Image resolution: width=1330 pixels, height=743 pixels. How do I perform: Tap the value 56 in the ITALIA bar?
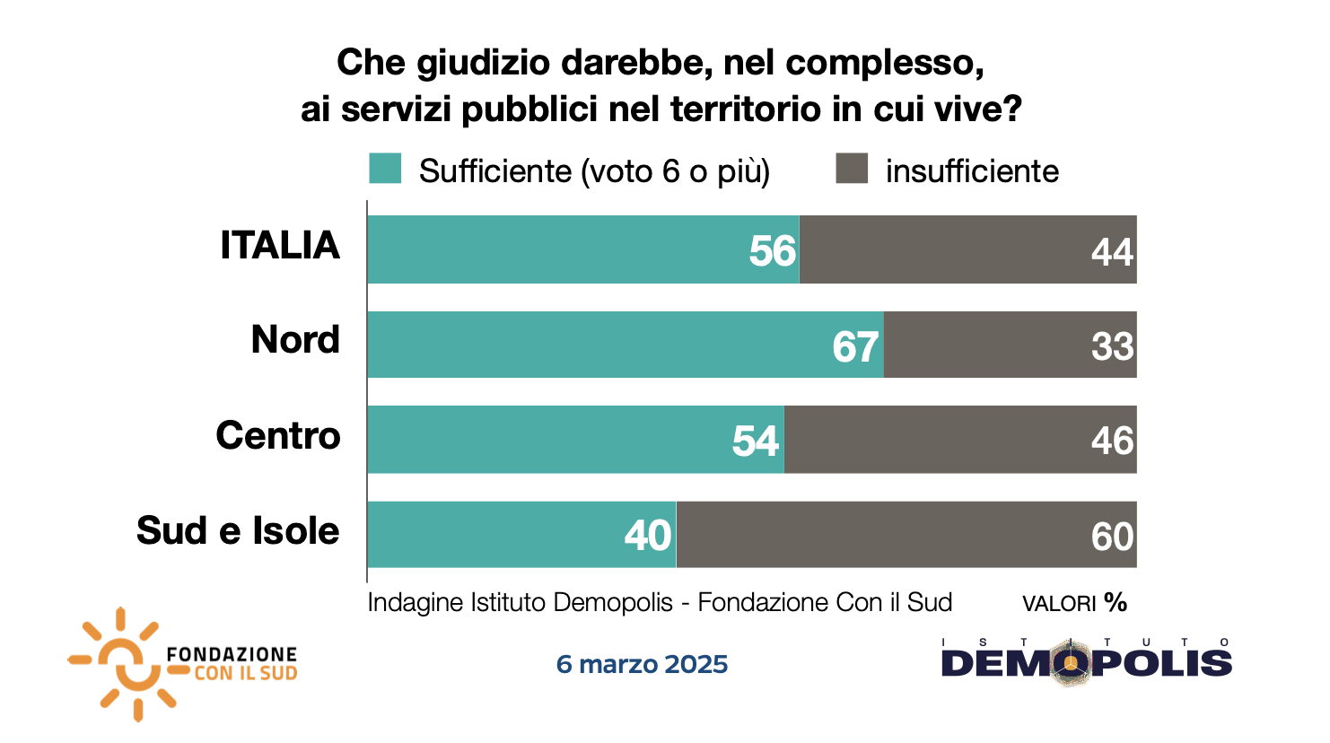click(773, 251)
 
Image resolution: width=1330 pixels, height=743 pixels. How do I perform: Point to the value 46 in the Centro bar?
click(1112, 441)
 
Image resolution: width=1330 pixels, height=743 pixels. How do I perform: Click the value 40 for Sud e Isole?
click(648, 536)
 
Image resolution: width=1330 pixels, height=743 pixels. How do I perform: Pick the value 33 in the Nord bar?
click(1112, 346)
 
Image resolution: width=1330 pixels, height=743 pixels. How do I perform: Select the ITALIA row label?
click(280, 246)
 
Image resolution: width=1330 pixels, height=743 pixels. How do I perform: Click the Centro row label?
click(278, 436)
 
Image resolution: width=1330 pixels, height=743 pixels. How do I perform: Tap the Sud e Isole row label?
click(238, 531)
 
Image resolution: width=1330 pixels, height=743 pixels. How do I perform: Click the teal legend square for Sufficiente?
click(385, 169)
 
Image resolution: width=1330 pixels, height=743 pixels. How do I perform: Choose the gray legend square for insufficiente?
click(852, 169)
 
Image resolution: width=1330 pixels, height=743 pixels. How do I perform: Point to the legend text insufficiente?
click(972, 171)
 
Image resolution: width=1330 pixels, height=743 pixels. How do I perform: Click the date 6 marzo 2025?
click(642, 665)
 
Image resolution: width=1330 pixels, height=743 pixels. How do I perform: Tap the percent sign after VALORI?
click(1116, 603)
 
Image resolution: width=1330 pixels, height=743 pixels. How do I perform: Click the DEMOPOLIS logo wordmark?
click(1086, 663)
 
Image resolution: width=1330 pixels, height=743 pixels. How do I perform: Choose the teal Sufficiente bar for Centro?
click(547, 440)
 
